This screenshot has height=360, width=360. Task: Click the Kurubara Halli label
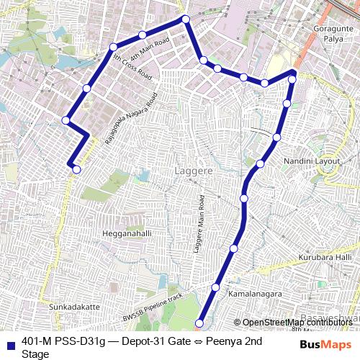coord(326,257)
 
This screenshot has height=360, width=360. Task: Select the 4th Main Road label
coord(150,50)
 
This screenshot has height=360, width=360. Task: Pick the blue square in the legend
coord(10,343)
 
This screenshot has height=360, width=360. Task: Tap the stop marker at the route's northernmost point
coord(185,19)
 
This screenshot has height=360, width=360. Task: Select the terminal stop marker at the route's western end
coord(76,170)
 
